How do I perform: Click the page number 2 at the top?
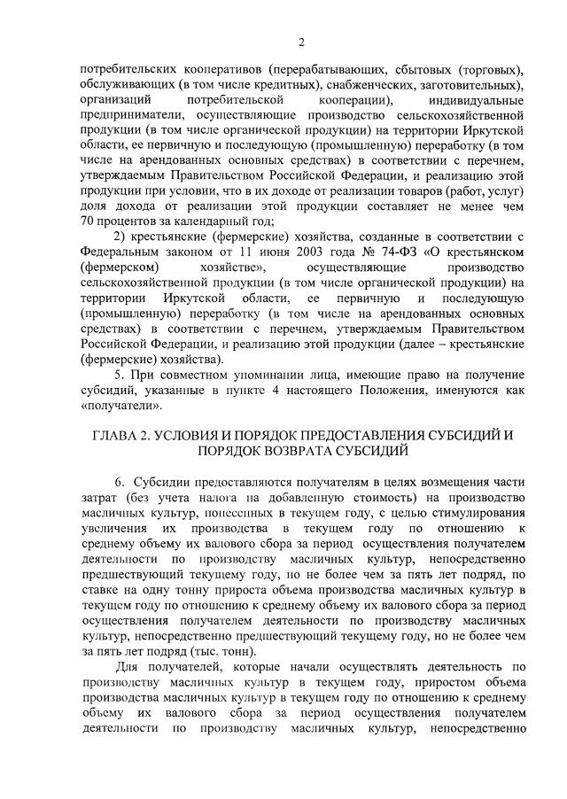click(x=301, y=42)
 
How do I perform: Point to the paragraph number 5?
click(x=120, y=375)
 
